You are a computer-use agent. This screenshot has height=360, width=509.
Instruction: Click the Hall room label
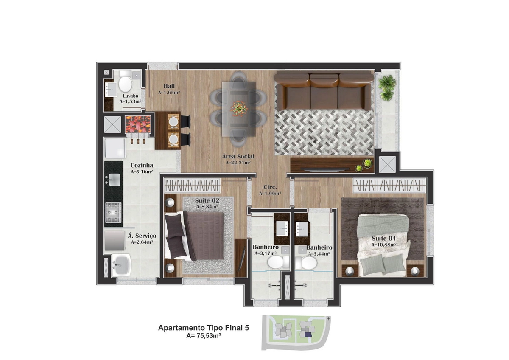(169, 86)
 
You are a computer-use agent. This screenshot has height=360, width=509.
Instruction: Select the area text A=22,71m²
(238, 163)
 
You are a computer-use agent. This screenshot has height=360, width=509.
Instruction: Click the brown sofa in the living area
(324, 91)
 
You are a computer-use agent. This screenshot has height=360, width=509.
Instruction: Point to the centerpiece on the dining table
(239, 109)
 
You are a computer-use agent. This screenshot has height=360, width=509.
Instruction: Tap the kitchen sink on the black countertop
(114, 179)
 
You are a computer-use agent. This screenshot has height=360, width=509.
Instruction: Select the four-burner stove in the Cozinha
(113, 212)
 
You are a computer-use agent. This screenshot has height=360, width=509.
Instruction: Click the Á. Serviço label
(142, 236)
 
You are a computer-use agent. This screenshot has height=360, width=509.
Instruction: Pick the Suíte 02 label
(207, 200)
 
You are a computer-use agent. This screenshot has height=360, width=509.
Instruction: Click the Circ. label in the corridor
(270, 187)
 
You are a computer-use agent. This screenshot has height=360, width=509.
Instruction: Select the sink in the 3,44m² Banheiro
(302, 229)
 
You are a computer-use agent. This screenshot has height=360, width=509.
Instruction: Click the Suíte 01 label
(384, 238)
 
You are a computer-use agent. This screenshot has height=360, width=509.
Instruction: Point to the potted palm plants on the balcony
(387, 88)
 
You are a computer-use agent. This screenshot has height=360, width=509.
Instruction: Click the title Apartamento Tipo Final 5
(204, 328)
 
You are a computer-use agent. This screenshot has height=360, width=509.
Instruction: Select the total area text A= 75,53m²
(204, 335)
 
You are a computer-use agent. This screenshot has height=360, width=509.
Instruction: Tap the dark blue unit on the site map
(308, 335)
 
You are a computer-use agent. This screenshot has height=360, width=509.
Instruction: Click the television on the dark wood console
(325, 169)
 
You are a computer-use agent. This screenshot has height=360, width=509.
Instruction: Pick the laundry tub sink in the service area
(121, 265)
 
